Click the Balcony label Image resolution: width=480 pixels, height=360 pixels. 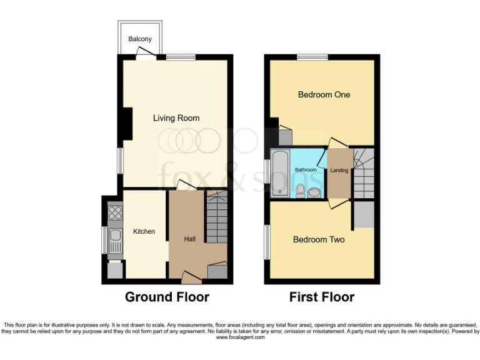pos(140,39)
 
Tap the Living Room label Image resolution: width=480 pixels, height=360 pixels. pos(176,118)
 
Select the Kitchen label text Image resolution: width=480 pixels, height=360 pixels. pos(144,232)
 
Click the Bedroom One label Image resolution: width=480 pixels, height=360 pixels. pos(324,95)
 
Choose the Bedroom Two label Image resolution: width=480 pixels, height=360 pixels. pos(319,239)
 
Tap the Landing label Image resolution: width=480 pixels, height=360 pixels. pos(339,171)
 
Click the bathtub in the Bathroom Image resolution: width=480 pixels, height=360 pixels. pos(279,172)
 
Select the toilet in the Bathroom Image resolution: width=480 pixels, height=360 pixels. pos(301,189)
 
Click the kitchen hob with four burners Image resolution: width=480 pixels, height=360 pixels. pos(115,213)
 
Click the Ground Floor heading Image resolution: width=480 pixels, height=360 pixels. pos(167,297)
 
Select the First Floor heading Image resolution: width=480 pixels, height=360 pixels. pos(321,297)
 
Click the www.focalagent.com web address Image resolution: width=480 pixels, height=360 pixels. pos(240,337)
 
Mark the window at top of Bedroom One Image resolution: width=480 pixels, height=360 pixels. pos(312,57)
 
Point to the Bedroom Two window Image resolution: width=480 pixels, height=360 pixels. pos(267,241)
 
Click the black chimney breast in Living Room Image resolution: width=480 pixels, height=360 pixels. pos(127,123)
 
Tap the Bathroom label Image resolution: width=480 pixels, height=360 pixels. pos(306,170)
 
